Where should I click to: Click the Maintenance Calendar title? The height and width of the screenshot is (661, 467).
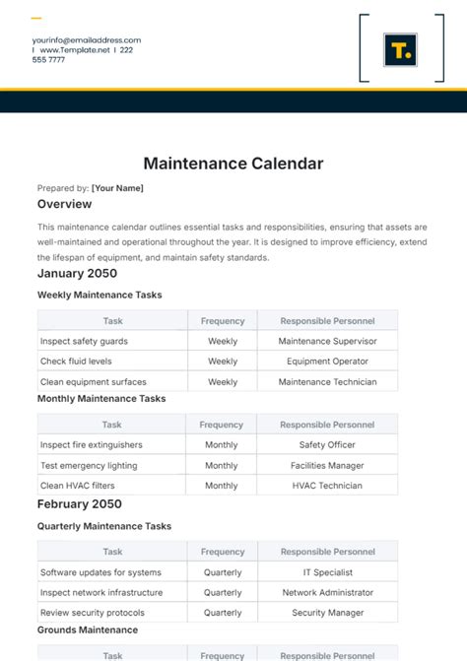[233, 163]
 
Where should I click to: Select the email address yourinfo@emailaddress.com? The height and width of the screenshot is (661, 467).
[86, 39]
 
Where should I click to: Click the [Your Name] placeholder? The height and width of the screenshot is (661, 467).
[117, 187]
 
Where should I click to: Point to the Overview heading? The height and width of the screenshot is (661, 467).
[64, 204]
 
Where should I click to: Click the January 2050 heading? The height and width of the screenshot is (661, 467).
[77, 273]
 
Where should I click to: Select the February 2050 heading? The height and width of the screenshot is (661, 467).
[80, 503]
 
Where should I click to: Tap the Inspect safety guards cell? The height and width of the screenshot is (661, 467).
[84, 341]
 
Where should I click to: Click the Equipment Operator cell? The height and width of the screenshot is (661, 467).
[327, 362]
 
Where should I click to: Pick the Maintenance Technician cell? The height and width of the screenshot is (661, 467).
[327, 381]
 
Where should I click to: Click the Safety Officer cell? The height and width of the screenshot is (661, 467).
[327, 445]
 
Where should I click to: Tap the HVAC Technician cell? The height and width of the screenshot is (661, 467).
[327, 486]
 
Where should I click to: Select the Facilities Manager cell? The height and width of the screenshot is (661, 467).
[327, 465]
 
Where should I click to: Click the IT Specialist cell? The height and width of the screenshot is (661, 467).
[327, 572]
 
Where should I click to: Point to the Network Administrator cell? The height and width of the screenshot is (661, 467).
[327, 593]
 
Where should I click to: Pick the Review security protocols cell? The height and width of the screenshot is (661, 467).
[92, 613]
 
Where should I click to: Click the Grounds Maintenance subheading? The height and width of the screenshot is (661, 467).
[87, 629]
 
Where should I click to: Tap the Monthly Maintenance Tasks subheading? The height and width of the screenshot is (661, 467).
[101, 399]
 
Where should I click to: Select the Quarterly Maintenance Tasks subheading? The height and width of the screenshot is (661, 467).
[104, 526]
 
